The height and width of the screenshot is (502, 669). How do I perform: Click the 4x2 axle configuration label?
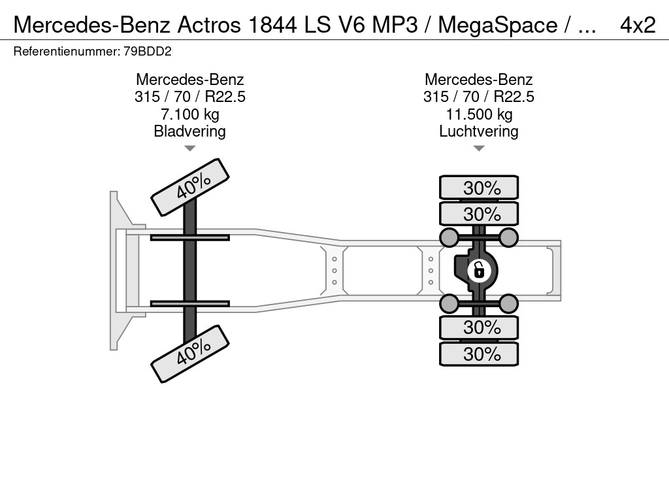click(x=638, y=25)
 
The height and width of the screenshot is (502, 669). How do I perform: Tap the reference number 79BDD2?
click(x=148, y=51)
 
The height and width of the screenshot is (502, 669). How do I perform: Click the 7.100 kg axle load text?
click(x=190, y=114)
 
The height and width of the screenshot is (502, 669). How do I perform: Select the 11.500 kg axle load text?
click(x=479, y=114)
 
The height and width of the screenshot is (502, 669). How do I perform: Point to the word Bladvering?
click(x=190, y=131)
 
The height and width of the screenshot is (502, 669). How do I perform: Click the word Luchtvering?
click(x=479, y=131)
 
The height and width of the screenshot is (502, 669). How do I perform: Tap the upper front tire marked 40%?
click(x=190, y=188)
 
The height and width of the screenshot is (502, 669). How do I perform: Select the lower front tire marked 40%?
click(x=190, y=354)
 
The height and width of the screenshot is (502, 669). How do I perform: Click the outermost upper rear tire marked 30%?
click(x=479, y=188)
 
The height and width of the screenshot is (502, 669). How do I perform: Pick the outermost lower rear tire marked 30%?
click(x=479, y=354)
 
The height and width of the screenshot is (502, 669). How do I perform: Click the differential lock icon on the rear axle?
click(x=479, y=271)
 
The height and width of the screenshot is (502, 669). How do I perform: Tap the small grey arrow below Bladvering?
click(x=190, y=148)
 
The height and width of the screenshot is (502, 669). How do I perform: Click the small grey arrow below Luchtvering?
click(x=479, y=148)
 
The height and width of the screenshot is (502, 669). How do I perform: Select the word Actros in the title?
click(x=209, y=25)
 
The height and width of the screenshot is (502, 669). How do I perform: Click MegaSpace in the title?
click(x=497, y=25)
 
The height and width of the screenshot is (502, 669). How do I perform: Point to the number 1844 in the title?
click(x=272, y=25)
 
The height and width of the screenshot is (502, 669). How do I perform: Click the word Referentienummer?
click(x=67, y=51)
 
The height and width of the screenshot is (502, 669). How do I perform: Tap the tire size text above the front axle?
click(x=190, y=97)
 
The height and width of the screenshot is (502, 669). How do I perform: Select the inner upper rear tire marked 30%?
click(x=479, y=214)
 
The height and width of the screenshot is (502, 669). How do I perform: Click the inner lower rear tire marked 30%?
click(x=479, y=327)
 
